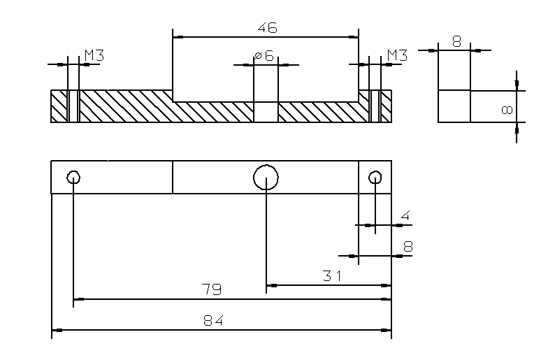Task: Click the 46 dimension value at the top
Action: coord(267,28)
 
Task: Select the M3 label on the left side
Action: coord(94,55)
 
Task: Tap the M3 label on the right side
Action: coord(396,55)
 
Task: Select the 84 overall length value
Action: coord(212,321)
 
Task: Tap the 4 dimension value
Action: coord(405,216)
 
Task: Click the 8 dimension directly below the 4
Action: coord(408,246)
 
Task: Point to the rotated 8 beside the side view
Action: coord(507,110)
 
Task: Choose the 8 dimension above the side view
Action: coord(456,42)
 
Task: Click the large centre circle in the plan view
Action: coord(266,178)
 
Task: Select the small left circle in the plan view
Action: coord(73,177)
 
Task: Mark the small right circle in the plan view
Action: coord(375,177)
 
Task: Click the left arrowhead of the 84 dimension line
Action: coord(57,329)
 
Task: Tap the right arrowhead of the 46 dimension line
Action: coord(354,36)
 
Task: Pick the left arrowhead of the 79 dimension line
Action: coord(78,299)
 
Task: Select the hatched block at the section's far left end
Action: coord(59,106)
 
